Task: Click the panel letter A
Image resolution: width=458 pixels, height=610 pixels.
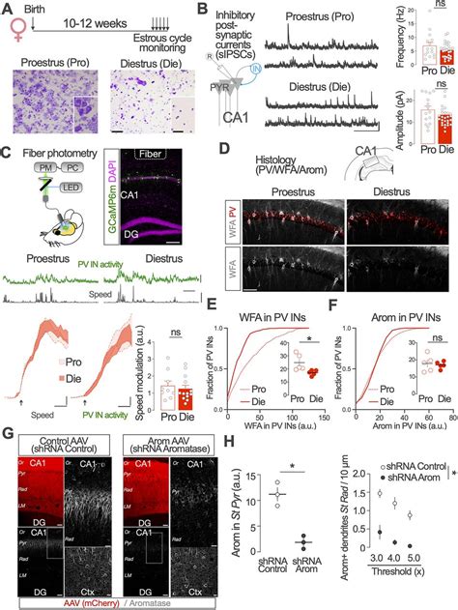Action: (8, 8)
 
